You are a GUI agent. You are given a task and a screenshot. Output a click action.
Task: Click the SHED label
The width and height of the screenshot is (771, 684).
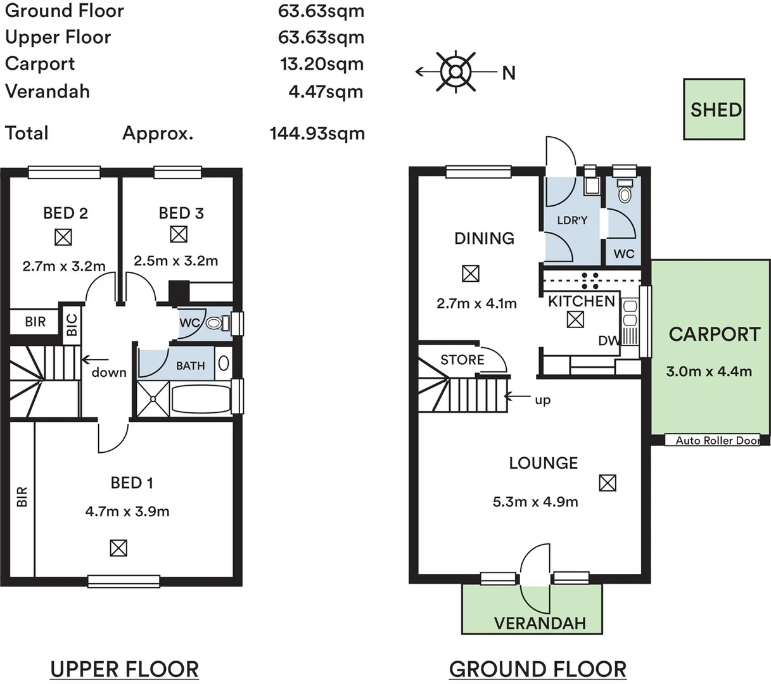tap(716, 110)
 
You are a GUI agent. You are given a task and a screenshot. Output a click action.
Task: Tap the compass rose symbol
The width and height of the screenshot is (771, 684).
tap(456, 72)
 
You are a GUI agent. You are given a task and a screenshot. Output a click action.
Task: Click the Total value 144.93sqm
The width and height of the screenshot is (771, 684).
tap(317, 134)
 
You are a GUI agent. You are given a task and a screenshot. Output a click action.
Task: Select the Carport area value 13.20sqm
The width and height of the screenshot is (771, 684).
tap(322, 64)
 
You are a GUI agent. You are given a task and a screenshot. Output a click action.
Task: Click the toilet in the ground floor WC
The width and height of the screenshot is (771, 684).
tap(625, 191)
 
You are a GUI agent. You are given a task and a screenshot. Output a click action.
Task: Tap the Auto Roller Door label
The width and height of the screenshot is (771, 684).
tap(717, 441)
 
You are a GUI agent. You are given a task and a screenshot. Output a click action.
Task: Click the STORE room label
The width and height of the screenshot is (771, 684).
tap(462, 360)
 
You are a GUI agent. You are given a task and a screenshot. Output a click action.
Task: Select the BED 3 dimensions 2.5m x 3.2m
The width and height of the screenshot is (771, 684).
tap(176, 261)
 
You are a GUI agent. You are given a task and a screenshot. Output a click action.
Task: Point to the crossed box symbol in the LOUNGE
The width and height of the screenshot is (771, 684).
tap(608, 483)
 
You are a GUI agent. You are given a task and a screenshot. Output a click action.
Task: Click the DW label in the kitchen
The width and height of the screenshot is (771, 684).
tap(609, 341)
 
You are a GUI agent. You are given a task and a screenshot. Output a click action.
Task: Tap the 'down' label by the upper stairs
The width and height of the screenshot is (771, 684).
tap(109, 372)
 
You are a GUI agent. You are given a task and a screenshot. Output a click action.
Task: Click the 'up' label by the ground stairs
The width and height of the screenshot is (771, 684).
tap(543, 401)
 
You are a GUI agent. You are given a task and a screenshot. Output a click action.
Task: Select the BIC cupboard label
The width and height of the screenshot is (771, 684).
tap(72, 325)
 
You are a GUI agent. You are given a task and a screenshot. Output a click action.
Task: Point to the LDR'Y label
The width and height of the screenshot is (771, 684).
tap(572, 220)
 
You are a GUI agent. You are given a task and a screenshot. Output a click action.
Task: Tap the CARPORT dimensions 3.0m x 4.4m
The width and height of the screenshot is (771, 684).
tap(709, 371)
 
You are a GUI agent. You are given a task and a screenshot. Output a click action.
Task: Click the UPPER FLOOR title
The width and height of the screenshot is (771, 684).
tap(124, 669)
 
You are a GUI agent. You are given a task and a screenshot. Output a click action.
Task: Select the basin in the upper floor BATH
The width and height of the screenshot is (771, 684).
tap(224, 364)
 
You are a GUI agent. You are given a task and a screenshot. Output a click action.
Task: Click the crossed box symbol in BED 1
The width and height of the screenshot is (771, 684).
tap(118, 548)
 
